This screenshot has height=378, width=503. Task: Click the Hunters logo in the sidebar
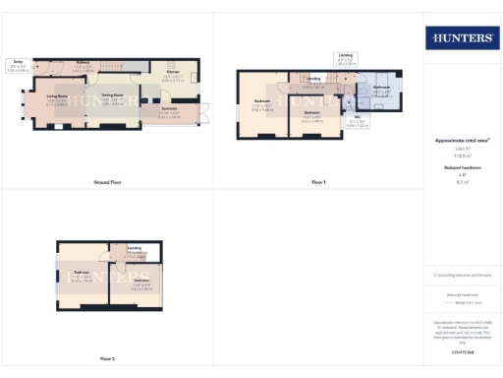pyautogui.click(x=460, y=38)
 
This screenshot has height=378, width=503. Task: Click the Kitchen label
pyautogui.click(x=173, y=73)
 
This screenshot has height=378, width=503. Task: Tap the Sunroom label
pyautogui.click(x=169, y=108)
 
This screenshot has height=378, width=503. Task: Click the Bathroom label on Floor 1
pyautogui.click(x=382, y=89)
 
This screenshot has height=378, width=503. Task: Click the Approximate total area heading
pyautogui.click(x=462, y=141)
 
